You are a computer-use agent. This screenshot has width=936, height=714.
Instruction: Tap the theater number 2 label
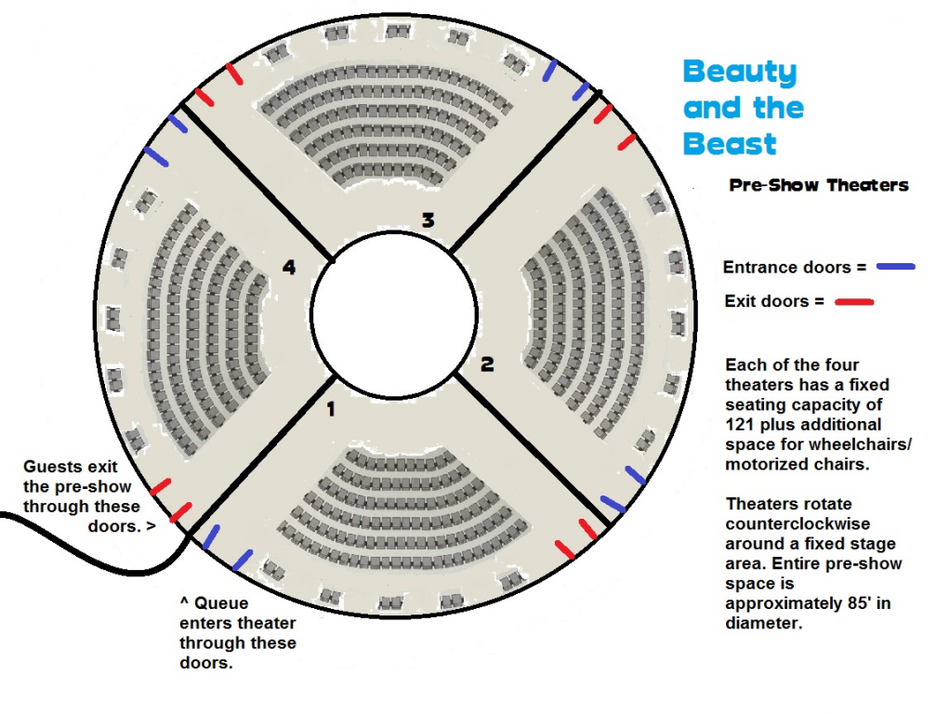coord(487,364)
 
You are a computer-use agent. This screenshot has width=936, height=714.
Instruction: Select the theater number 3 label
coord(428,220)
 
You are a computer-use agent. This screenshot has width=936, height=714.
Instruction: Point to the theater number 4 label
coord(289,268)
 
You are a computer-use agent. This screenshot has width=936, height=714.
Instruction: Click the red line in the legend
coord(854,301)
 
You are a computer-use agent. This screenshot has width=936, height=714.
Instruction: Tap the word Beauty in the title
coord(740,73)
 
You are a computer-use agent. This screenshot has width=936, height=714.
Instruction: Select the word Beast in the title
coord(730,144)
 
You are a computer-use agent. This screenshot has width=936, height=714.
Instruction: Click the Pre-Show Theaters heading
coord(818,185)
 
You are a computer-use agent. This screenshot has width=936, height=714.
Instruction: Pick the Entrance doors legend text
coord(786,268)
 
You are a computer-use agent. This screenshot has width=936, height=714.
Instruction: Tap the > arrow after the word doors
coord(150,527)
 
